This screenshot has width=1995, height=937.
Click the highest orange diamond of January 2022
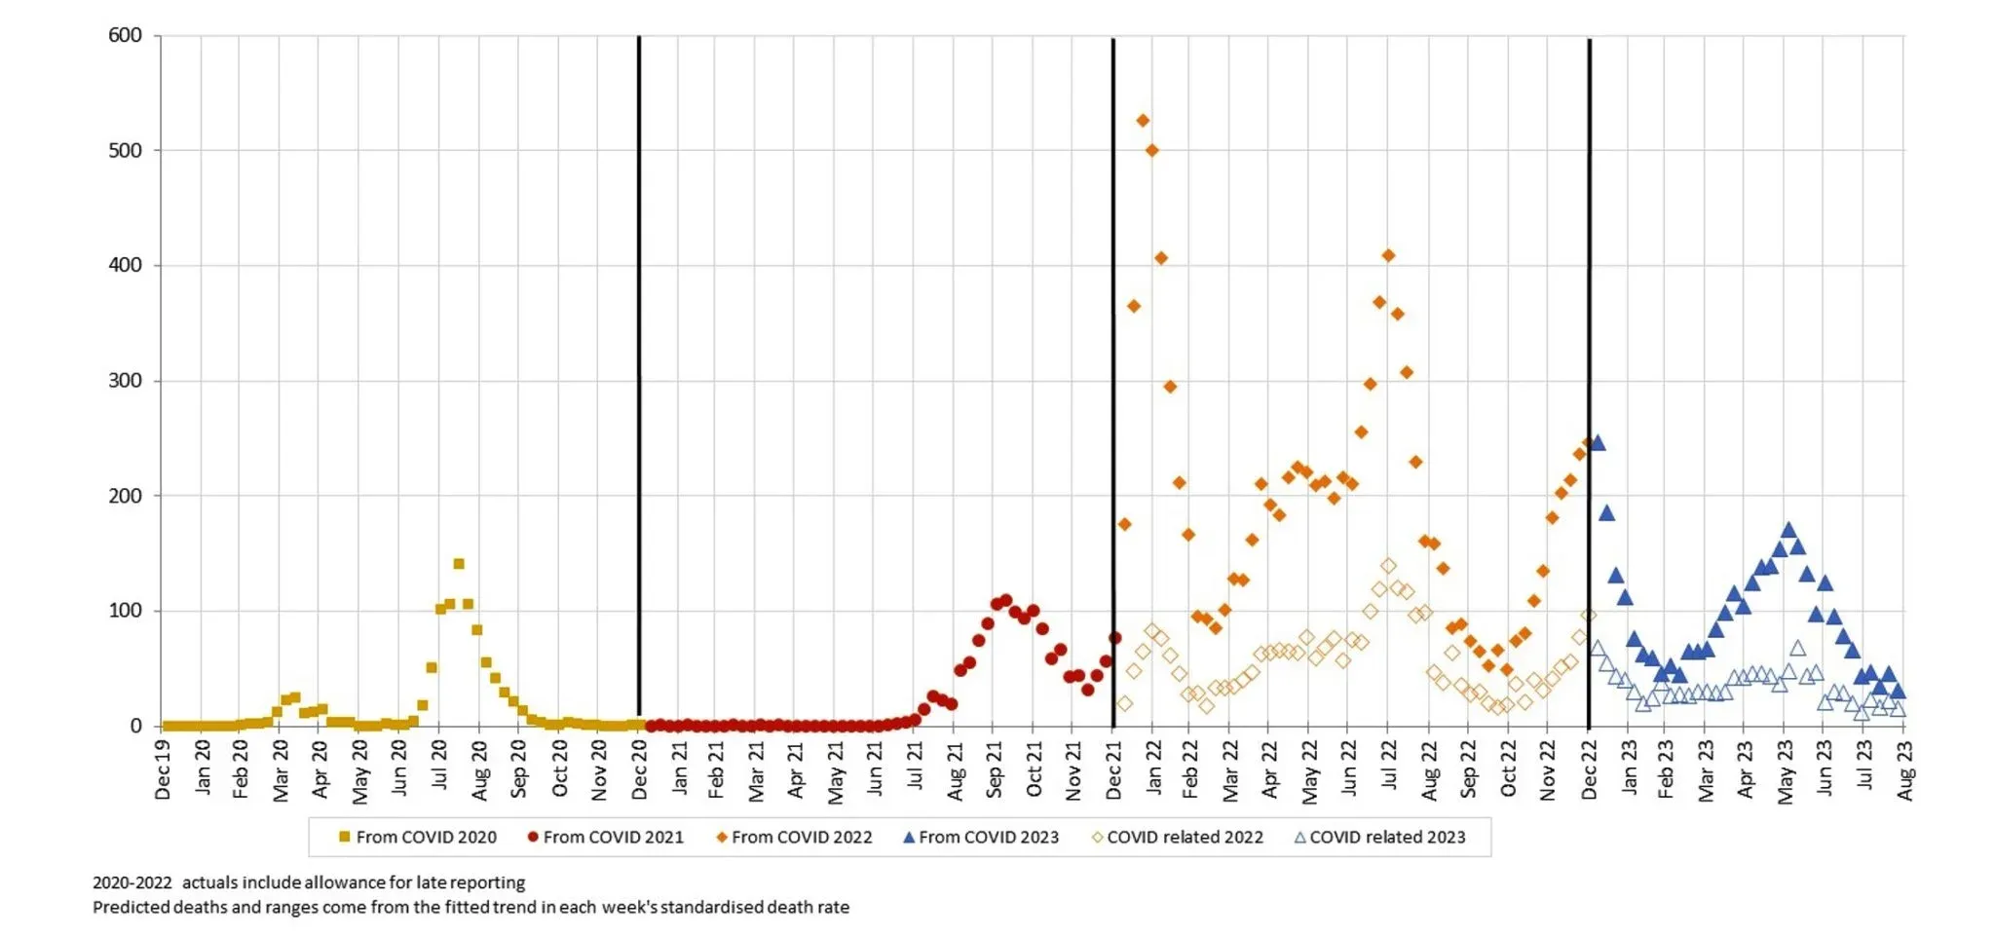click(x=1143, y=121)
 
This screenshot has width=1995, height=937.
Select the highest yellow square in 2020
click(x=459, y=564)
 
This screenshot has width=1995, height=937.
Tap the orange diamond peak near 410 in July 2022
click(x=1388, y=255)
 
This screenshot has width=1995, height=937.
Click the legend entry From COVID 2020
click(x=417, y=838)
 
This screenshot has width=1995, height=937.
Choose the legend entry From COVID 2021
click(x=605, y=838)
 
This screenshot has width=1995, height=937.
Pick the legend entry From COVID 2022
click(x=793, y=838)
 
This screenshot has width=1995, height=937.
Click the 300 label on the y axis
click(x=125, y=381)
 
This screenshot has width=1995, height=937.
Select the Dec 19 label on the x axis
click(x=163, y=769)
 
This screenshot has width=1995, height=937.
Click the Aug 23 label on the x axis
click(x=1904, y=769)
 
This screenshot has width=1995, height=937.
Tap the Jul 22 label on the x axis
click(x=1389, y=766)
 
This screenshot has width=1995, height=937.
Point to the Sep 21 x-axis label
click(x=994, y=769)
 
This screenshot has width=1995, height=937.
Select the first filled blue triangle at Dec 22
click(x=1597, y=443)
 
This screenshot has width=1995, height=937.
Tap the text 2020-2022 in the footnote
click(x=132, y=883)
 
